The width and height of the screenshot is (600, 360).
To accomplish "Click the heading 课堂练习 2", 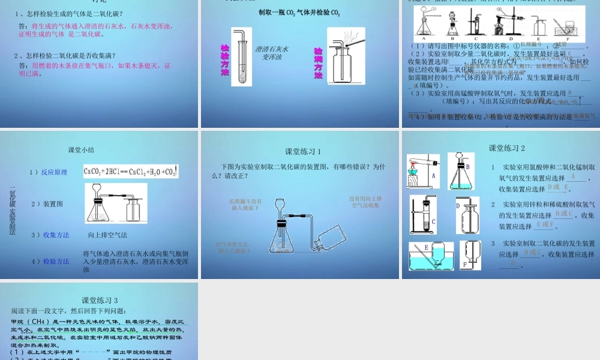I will click(x=506, y=148).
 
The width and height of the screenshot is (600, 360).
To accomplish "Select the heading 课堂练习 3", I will click(x=100, y=300).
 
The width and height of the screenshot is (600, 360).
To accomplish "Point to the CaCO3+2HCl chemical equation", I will click(x=131, y=172).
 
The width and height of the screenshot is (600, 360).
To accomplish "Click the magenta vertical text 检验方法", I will click(x=225, y=60).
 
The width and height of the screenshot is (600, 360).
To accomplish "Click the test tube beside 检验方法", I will click(x=239, y=57).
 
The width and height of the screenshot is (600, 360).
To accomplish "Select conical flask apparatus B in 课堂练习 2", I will click(x=460, y=172).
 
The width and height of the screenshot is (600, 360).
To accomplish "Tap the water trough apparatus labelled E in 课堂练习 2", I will click(x=430, y=256).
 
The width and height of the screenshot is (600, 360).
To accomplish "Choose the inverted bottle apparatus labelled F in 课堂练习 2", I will click(x=470, y=255).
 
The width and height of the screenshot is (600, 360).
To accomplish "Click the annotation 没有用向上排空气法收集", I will click(x=365, y=202).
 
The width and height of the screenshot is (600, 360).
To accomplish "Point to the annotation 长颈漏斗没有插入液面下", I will click(x=245, y=205).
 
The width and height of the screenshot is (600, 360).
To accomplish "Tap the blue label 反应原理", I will click(x=54, y=172).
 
